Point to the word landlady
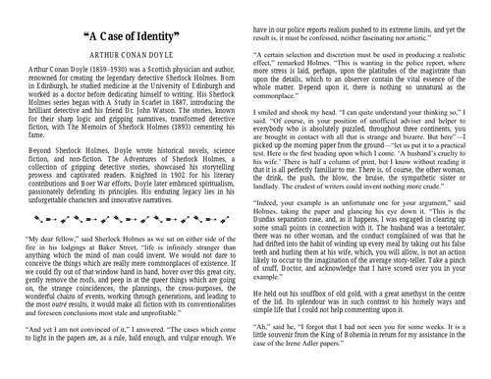click(273, 209)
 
